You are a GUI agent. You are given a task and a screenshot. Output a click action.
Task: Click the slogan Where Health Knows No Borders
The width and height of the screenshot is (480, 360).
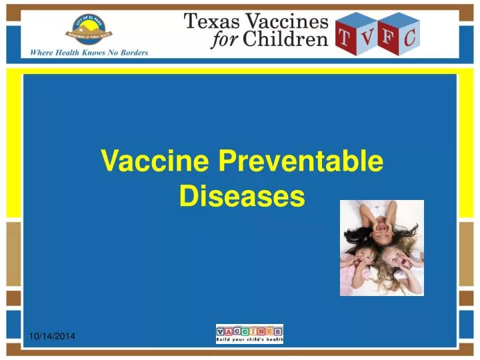pyautogui.click(x=89, y=53)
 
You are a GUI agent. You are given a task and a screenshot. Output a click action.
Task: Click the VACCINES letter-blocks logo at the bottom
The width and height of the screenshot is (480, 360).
pyautogui.click(x=249, y=331)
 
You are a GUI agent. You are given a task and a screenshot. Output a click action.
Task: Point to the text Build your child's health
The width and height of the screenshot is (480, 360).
pyautogui.click(x=249, y=341)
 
